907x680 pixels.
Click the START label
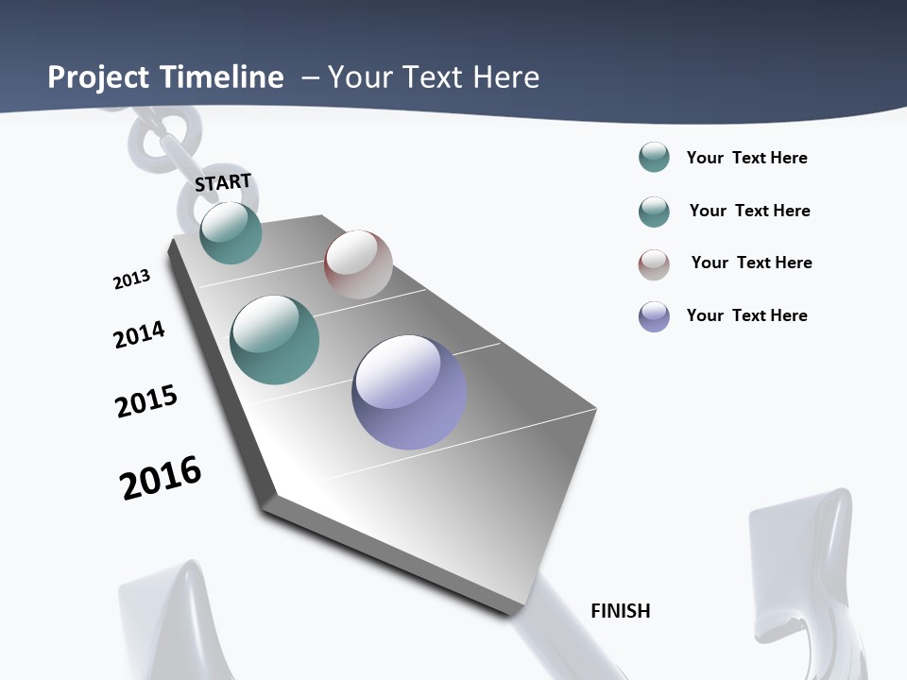point(223,182)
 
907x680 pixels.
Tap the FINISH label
point(620,611)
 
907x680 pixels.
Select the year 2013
point(131,280)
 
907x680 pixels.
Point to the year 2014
point(139,334)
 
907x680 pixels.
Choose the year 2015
point(146,401)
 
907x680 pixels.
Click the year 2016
point(161,477)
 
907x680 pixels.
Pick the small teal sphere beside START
point(231,232)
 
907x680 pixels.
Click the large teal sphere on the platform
point(275,340)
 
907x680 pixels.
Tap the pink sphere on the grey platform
point(358,264)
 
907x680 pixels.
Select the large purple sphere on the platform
point(409,392)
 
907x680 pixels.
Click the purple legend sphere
point(654,316)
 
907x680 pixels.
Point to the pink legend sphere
point(654,264)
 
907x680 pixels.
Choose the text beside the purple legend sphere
point(746,315)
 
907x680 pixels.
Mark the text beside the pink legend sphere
point(751,263)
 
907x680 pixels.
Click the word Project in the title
point(97,77)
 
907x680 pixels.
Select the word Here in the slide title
point(505,77)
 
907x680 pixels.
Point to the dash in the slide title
point(310,77)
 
